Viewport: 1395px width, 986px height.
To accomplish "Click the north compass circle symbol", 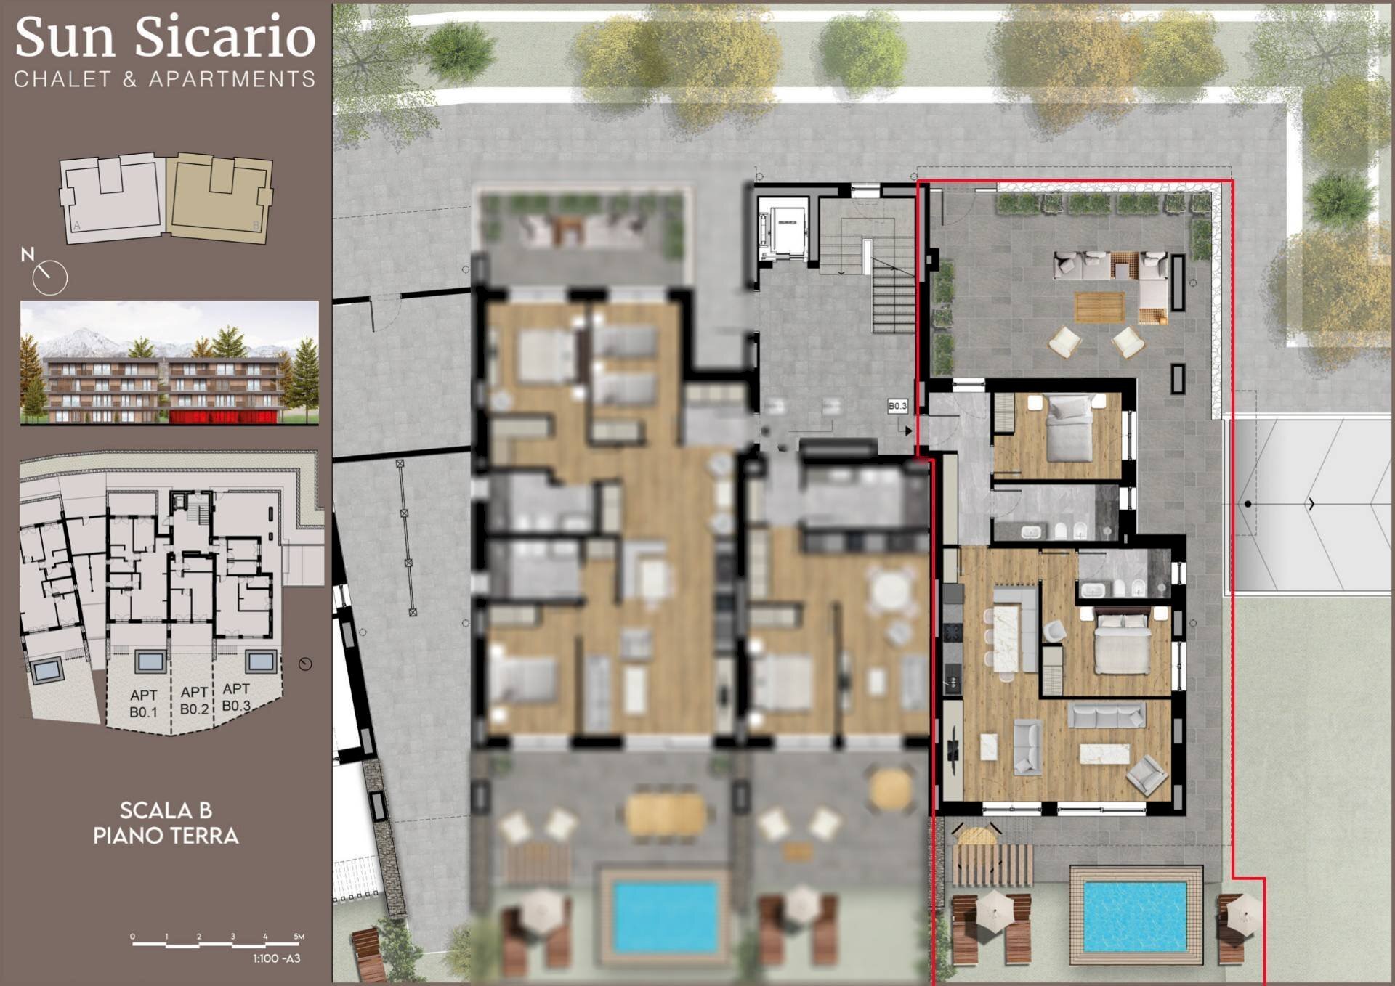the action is [x=50, y=277].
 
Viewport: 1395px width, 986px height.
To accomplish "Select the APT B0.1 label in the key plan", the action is [x=143, y=704].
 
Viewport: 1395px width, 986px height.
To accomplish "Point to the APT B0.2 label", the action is [x=194, y=700].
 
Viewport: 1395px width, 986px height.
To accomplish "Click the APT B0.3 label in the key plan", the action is [x=236, y=697].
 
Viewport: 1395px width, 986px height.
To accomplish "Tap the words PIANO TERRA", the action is [x=166, y=836].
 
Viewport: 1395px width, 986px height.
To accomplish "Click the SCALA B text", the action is [x=166, y=810].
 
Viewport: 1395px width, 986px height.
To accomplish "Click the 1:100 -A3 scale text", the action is [x=277, y=958].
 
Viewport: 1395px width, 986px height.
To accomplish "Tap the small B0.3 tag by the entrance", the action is [x=897, y=406].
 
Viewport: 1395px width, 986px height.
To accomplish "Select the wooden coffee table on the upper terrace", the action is [x=1099, y=306].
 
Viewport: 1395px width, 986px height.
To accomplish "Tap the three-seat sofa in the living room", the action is [x=1107, y=714].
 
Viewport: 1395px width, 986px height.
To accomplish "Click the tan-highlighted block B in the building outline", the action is [x=220, y=197].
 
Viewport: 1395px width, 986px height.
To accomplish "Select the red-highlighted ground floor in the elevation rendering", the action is [x=223, y=416].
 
